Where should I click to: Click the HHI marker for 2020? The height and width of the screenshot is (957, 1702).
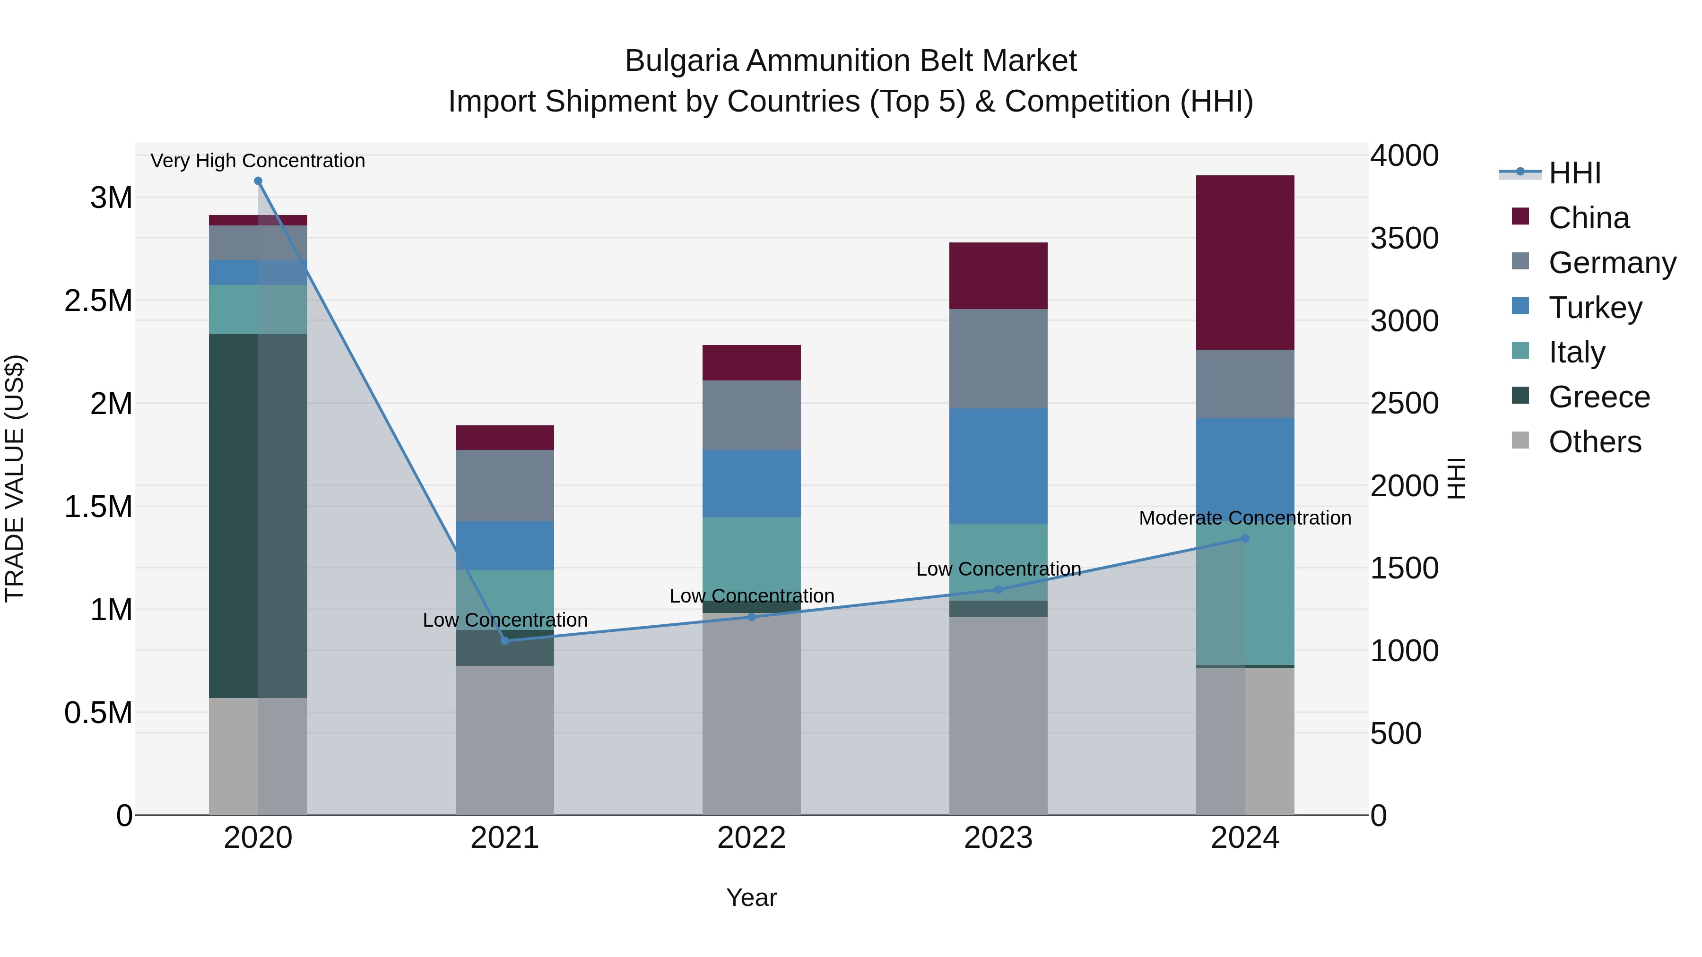pyautogui.click(x=258, y=181)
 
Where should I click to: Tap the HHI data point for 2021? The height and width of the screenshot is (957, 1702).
pyautogui.click(x=505, y=641)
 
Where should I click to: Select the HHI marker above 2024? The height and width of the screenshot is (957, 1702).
pyautogui.click(x=1245, y=538)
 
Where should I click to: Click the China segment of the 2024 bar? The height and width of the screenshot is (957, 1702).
pyautogui.click(x=1245, y=262)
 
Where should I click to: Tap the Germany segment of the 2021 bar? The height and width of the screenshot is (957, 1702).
pyautogui.click(x=505, y=485)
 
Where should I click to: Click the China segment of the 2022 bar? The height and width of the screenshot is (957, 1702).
pyautogui.click(x=751, y=362)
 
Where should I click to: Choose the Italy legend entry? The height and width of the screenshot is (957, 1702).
pyautogui.click(x=1576, y=352)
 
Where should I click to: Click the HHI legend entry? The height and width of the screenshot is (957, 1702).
pyautogui.click(x=1574, y=173)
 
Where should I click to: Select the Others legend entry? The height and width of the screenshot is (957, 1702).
pyautogui.click(x=1594, y=442)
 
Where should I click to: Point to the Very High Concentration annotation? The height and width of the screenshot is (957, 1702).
pyautogui.click(x=258, y=161)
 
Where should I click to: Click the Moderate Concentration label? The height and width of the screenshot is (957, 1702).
pyautogui.click(x=1245, y=518)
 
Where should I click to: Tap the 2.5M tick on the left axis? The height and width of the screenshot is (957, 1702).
pyautogui.click(x=98, y=301)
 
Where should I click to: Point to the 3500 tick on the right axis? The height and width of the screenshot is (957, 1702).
pyautogui.click(x=1404, y=239)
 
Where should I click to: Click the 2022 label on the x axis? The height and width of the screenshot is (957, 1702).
pyautogui.click(x=751, y=837)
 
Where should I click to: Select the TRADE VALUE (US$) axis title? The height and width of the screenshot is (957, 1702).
pyautogui.click(x=15, y=478)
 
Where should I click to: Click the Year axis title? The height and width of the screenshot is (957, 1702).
pyautogui.click(x=751, y=897)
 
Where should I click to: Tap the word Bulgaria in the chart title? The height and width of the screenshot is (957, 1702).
pyautogui.click(x=681, y=61)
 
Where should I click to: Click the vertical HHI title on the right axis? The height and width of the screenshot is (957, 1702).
pyautogui.click(x=1456, y=478)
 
